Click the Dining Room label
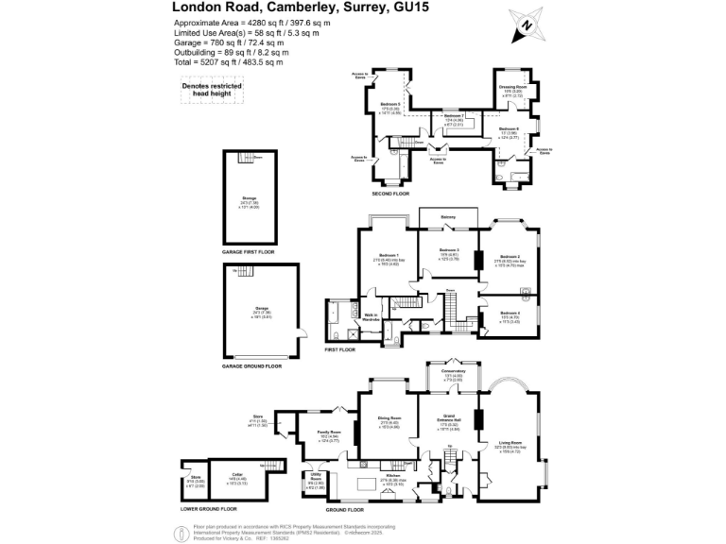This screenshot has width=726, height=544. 389,417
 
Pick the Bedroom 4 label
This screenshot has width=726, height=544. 511,313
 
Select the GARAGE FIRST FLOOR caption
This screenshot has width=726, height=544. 250,253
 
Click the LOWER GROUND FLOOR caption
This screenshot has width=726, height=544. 209,509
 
